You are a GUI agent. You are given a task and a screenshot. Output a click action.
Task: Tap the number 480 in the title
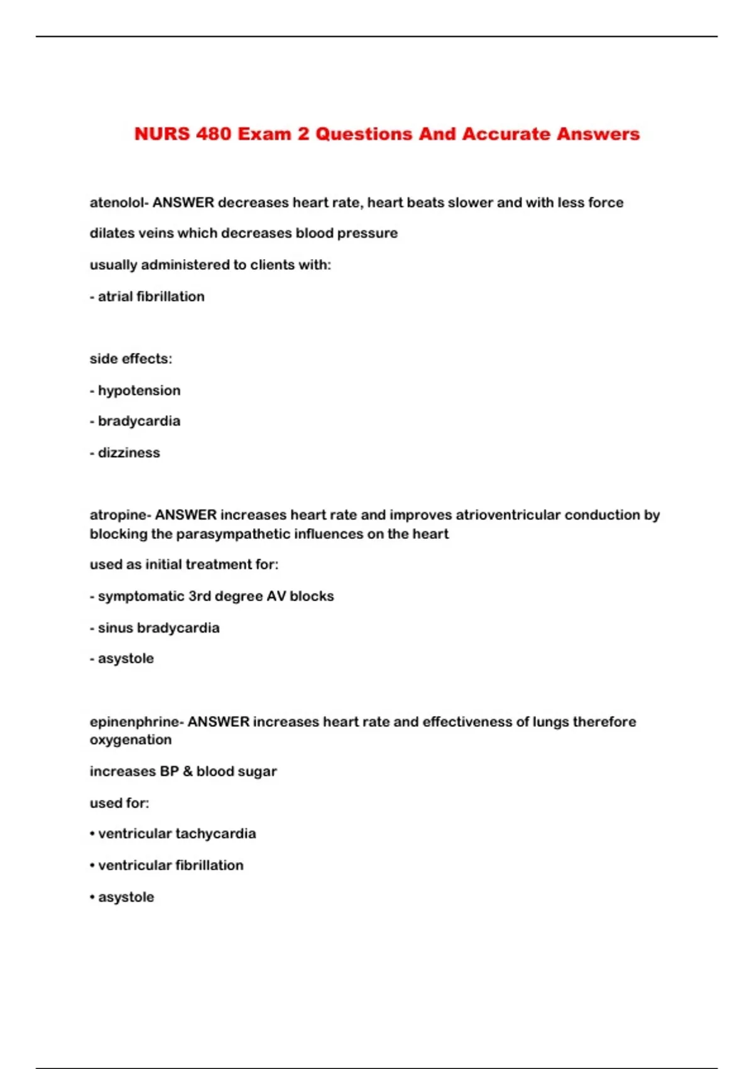pos(214,134)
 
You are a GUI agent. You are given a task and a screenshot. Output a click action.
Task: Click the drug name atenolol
pos(117,202)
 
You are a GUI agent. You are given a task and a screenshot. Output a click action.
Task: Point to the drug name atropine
pos(118,515)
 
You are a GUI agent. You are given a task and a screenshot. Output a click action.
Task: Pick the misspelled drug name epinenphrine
pos(134,721)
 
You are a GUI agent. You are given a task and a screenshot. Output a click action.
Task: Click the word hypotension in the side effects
pos(139,390)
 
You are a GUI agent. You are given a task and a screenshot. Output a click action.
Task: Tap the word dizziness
pos(129,453)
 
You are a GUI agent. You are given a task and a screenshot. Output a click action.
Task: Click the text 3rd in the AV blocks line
pos(200,596)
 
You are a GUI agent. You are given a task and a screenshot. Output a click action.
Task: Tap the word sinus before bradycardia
pos(115,628)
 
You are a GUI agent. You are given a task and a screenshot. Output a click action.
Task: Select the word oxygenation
pos(131,740)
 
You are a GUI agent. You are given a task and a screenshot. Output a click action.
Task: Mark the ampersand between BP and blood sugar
pos(187,772)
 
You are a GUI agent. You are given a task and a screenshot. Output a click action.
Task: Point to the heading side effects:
pos(131,359)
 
